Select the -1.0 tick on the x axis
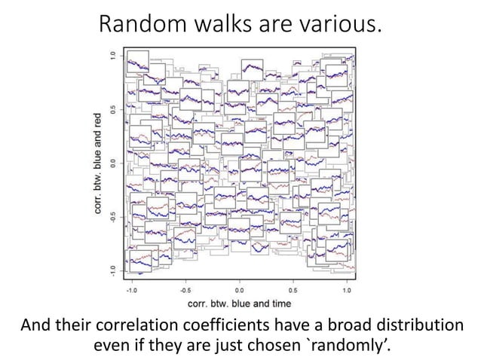(x=131, y=288)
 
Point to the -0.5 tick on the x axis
(x=185, y=288)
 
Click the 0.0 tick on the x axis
(x=239, y=288)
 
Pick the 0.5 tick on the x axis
(x=293, y=288)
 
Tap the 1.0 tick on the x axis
(x=347, y=288)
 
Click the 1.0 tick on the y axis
(x=113, y=56)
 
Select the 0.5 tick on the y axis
(x=113, y=109)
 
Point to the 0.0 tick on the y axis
(x=113, y=163)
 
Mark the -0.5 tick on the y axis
(x=113, y=216)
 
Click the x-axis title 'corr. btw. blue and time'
(x=239, y=303)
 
